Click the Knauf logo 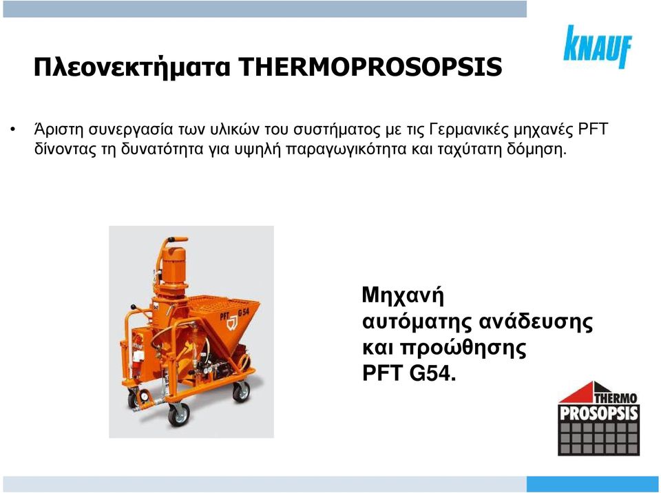point(598,46)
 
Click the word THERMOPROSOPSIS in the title point(370,67)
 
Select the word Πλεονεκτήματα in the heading point(132,67)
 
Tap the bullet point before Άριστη point(14,129)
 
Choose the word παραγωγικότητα point(346,149)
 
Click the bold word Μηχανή point(403,295)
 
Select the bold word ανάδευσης point(536,322)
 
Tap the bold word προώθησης point(463,348)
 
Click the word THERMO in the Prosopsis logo point(616,398)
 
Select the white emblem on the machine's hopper point(232,324)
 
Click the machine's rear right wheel point(241,391)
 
